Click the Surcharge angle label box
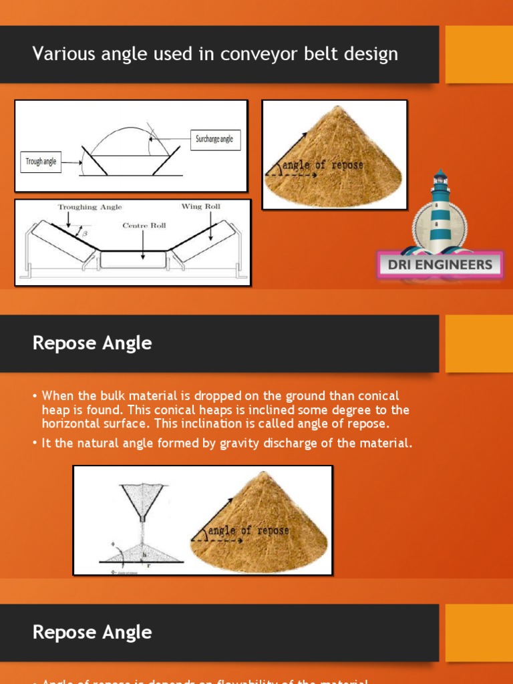tap(214, 140)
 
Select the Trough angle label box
tap(41, 162)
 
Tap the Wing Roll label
tap(200, 207)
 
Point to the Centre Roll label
tap(144, 226)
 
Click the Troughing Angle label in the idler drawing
tap(90, 208)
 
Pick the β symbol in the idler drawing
tap(83, 233)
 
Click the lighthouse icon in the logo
tap(440, 207)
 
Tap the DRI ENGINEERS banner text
tap(440, 265)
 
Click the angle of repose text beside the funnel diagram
tap(248, 531)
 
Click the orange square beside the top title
tap(479, 55)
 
